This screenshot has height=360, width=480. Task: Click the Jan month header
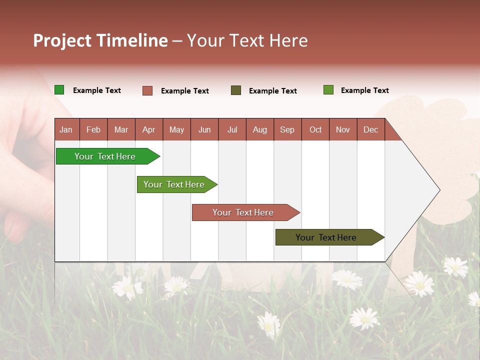[x=66, y=129]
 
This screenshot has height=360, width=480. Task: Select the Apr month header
[x=148, y=129]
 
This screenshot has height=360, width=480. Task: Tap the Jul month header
[x=232, y=129]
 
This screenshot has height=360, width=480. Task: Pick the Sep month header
[x=287, y=129]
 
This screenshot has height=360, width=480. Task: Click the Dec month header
[x=370, y=129]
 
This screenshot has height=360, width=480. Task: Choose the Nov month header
[x=342, y=129]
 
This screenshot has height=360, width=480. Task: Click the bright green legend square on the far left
[x=59, y=90]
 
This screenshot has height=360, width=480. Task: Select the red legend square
[x=147, y=90]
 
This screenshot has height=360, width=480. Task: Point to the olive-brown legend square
[x=235, y=90]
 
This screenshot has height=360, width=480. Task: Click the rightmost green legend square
[x=328, y=90]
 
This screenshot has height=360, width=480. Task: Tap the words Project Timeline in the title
[x=100, y=40]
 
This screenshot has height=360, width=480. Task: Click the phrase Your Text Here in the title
[x=247, y=40]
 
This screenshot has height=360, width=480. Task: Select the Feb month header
[x=93, y=129]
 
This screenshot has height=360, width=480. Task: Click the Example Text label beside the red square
[x=184, y=91]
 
